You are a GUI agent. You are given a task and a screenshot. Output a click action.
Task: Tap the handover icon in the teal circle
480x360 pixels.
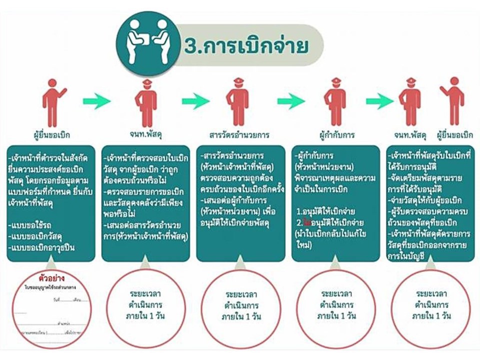click(x=145, y=37)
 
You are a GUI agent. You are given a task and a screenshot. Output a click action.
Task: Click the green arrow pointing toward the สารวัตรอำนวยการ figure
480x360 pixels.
click(x=195, y=102)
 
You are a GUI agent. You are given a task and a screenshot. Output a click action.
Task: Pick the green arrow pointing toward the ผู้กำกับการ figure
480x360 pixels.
click(x=291, y=102)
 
